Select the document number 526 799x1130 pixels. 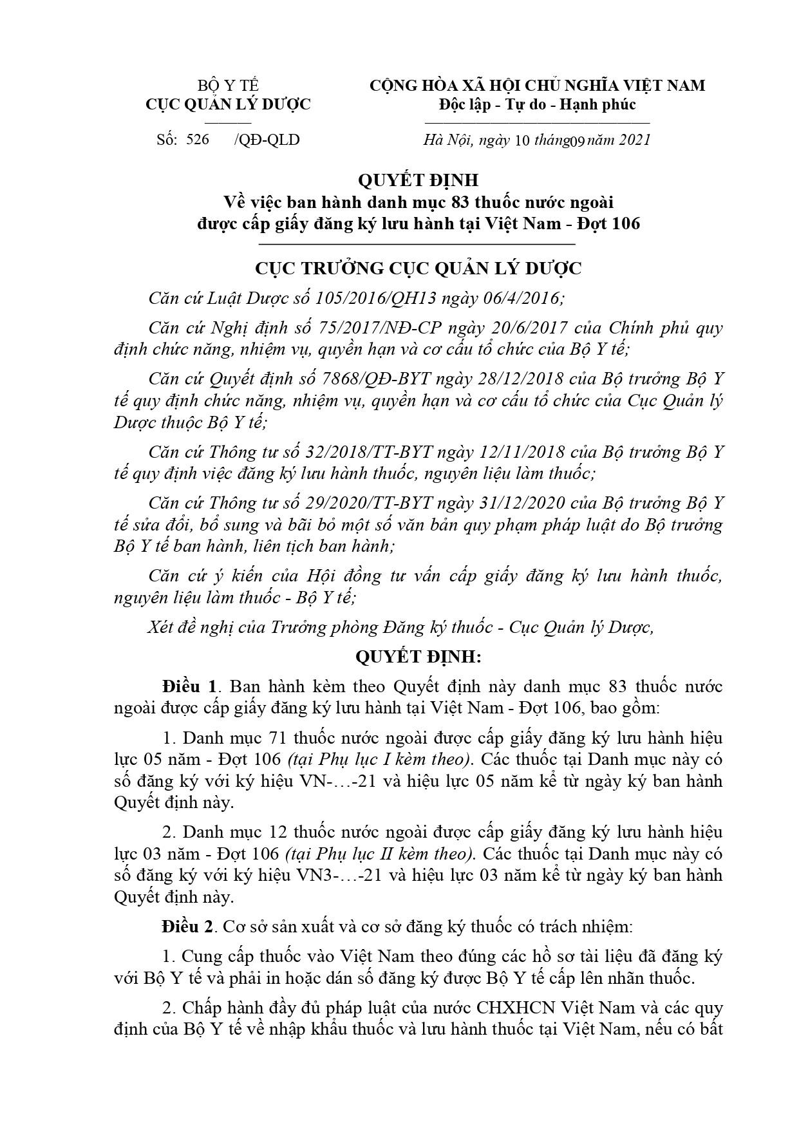[198, 139]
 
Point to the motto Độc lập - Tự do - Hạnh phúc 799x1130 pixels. [537, 104]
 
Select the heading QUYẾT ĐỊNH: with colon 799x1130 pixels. [418, 658]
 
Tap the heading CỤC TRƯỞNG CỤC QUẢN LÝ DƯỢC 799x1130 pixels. [418, 268]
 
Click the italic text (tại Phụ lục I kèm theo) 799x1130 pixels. [381, 759]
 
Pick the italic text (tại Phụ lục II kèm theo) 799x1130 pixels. [381, 854]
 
